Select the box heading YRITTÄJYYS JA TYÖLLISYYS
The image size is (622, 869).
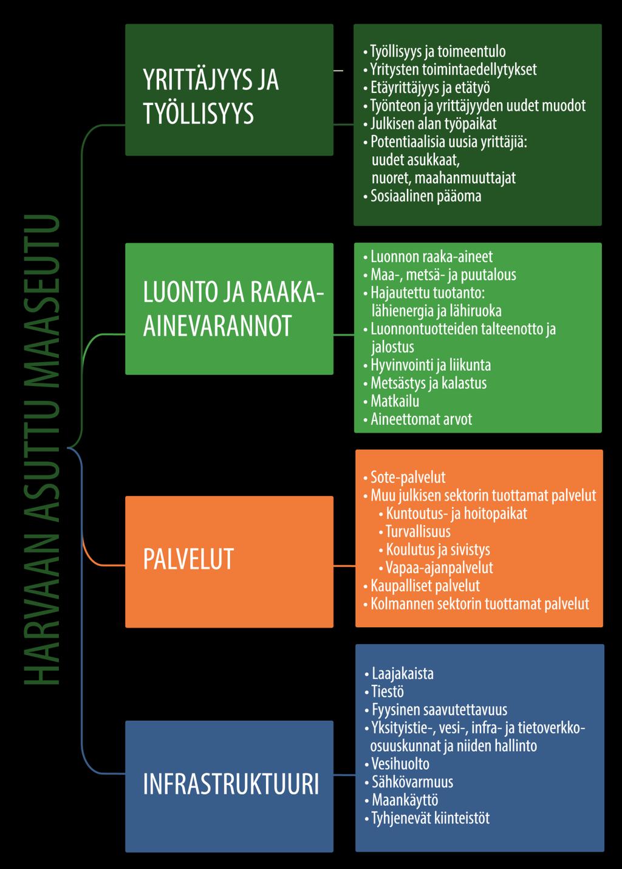211,96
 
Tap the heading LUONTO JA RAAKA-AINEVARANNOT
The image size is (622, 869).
233,309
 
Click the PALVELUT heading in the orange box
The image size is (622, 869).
188,559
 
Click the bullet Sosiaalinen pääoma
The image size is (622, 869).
426,196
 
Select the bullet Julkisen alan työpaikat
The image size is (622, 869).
433,124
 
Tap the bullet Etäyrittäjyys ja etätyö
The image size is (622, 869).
430,88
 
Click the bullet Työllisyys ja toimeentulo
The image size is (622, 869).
438,51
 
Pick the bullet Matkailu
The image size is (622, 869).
395,401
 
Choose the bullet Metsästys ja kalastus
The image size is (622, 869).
428,383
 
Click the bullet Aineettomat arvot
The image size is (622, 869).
421,419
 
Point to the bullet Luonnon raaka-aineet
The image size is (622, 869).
432,257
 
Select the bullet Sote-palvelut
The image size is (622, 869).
408,477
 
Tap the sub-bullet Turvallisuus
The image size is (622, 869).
418,532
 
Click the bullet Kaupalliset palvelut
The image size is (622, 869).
425,586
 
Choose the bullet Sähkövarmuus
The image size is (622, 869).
412,782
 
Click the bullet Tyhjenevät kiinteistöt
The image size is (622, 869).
431,819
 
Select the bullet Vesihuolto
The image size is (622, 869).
400,764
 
